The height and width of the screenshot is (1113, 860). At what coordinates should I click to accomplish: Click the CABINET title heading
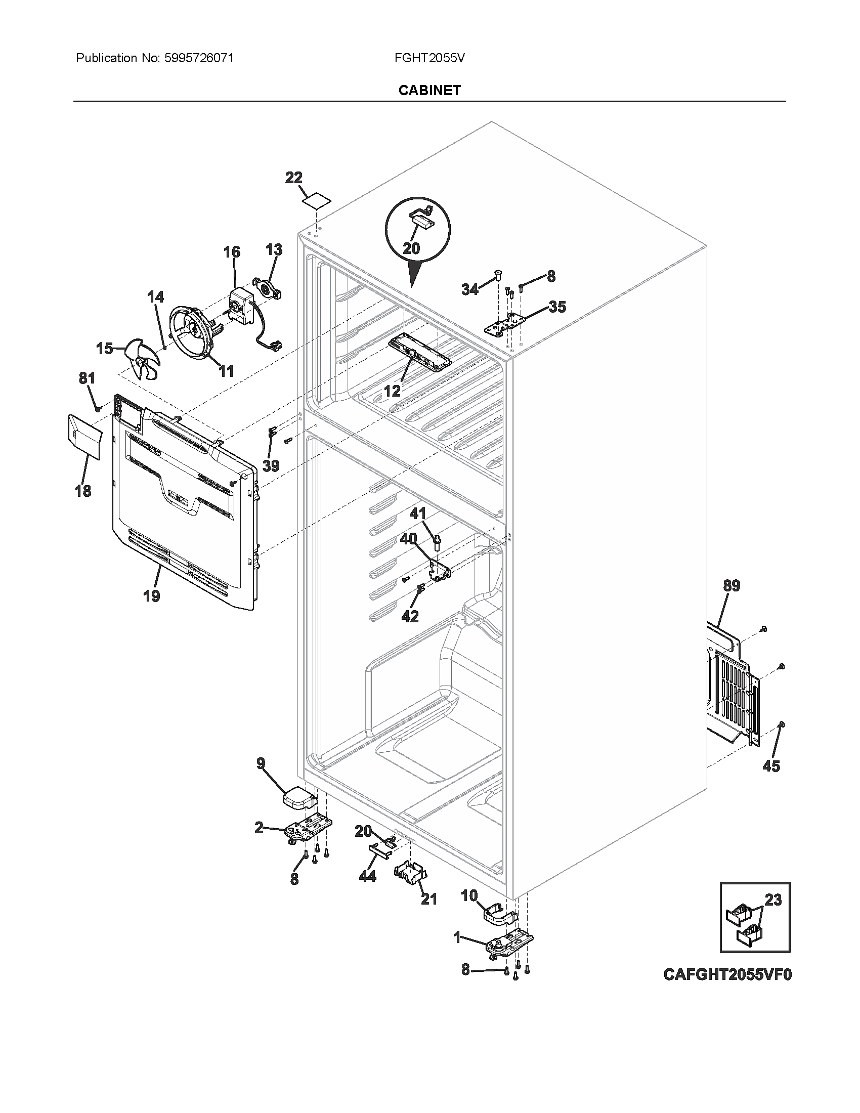(429, 90)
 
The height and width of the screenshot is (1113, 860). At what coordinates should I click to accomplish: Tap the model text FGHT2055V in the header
(429, 58)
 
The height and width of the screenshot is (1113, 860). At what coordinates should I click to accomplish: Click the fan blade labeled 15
(144, 360)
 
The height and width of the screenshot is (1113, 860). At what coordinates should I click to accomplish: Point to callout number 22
(293, 178)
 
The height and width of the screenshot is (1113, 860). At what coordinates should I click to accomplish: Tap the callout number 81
(87, 378)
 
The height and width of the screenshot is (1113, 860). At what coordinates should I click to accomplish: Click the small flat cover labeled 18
(83, 435)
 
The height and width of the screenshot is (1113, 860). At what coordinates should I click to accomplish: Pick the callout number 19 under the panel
(151, 595)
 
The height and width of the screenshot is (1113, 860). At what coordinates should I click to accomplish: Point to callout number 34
(470, 289)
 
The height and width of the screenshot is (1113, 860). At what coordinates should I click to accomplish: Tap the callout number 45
(771, 780)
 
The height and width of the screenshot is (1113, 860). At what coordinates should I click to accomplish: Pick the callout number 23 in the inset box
(773, 900)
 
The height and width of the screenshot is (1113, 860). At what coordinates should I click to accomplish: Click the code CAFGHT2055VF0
(727, 974)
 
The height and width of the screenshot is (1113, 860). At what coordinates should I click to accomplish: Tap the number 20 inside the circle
(411, 248)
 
